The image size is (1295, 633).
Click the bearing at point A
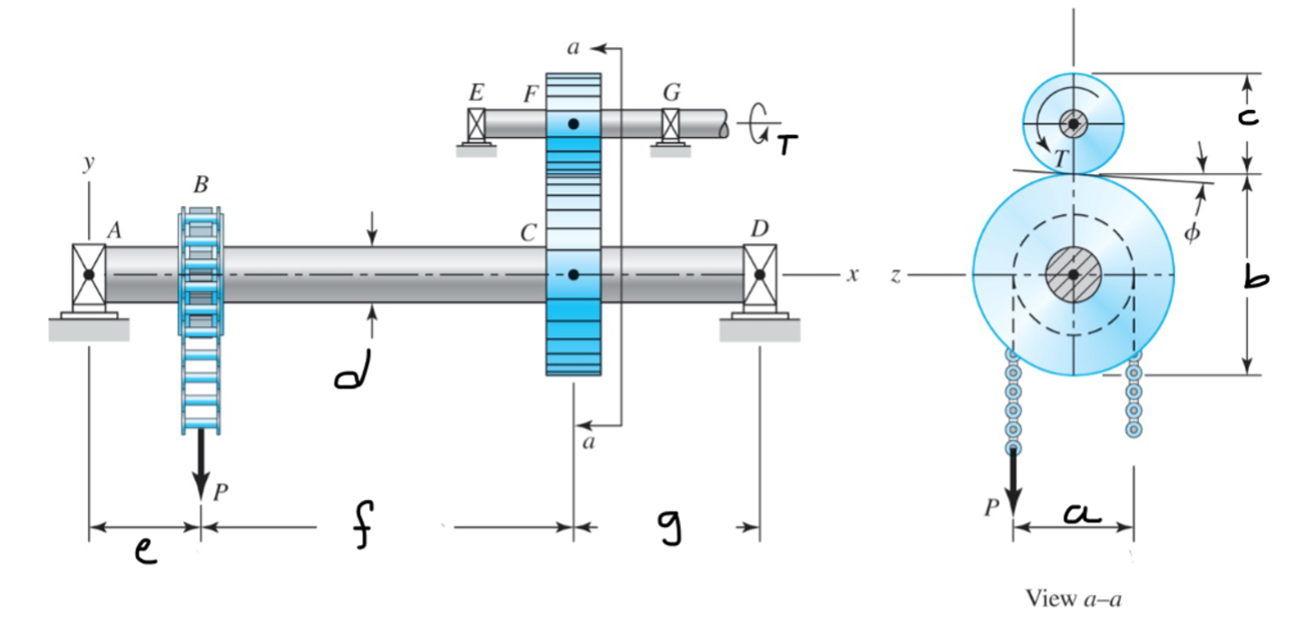click(x=88, y=274)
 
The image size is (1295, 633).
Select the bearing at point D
click(x=759, y=274)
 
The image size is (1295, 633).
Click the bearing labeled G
click(x=671, y=124)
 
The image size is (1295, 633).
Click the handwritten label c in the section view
click(x=1249, y=116)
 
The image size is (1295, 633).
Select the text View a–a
click(x=1074, y=599)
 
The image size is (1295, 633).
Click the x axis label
click(x=852, y=274)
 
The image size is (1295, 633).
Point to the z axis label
click(x=895, y=275)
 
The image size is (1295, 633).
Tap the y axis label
click(x=88, y=162)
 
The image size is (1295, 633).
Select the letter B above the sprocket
click(x=200, y=185)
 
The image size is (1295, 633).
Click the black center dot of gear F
click(x=573, y=123)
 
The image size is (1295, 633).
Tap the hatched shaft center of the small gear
click(x=1073, y=123)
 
